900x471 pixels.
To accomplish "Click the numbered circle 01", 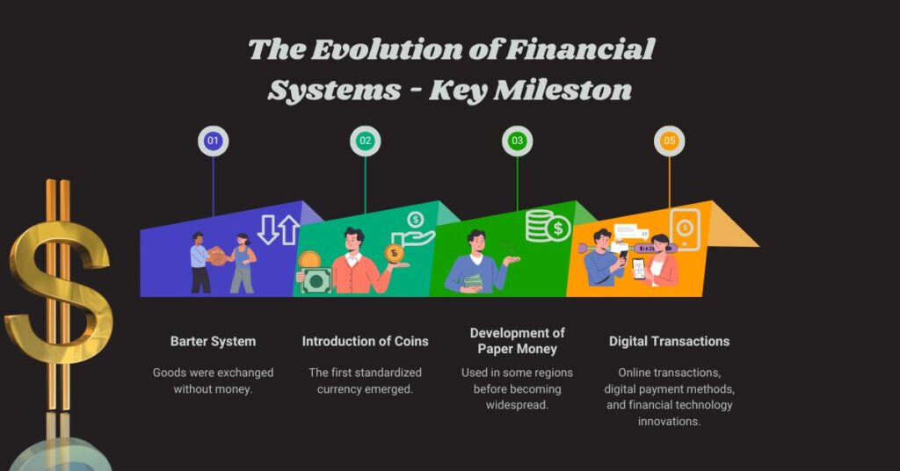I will tap(213, 141).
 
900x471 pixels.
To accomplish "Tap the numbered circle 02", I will tap(365, 141).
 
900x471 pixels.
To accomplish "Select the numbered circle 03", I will tap(518, 141).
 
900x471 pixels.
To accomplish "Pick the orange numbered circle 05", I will tap(670, 141).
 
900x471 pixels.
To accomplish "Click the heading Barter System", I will tap(213, 341).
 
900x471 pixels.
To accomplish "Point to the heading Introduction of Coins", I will tap(366, 341).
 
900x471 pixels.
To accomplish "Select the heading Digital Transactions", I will tap(670, 341).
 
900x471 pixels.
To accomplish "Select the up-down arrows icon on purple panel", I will tap(279, 230).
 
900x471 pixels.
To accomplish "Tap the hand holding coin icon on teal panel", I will tap(413, 230).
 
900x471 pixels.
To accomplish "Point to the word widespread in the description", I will tap(517, 405).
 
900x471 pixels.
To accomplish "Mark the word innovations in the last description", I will tap(669, 421).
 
